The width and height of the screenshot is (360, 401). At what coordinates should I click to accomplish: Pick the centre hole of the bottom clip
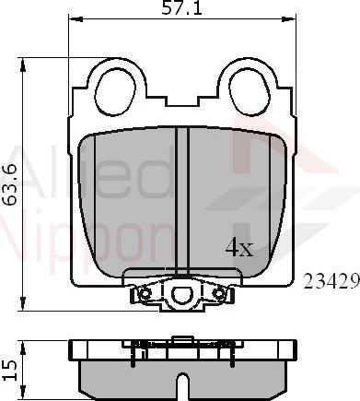click(180, 295)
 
